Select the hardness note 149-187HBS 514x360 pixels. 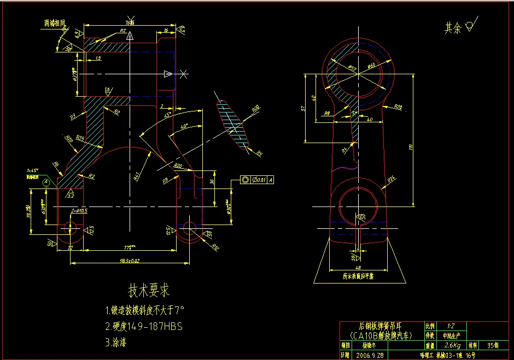tap(150, 327)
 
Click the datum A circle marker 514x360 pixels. tap(46, 181)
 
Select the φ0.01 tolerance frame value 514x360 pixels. tap(259, 179)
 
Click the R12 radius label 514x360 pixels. tap(215, 247)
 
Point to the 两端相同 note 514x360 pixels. tap(55, 23)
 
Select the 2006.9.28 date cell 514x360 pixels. tap(370, 355)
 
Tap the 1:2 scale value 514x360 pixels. tap(451, 325)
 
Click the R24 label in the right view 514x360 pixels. tap(392, 179)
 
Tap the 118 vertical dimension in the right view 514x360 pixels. tap(411, 146)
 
